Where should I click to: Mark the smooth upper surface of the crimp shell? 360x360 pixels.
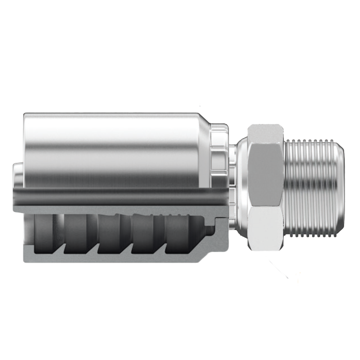111,148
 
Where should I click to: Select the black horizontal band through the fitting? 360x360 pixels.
119,196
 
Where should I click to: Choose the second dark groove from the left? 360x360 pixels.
76,233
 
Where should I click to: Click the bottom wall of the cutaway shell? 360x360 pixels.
111,258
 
